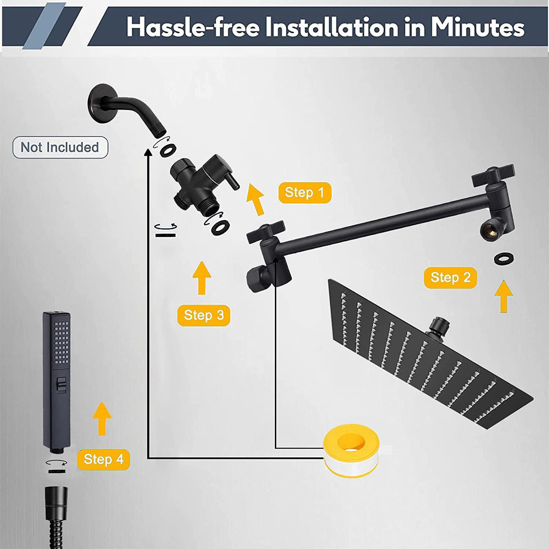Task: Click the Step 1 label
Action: (x=305, y=193)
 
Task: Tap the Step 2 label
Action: (x=451, y=278)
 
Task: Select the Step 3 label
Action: (x=204, y=315)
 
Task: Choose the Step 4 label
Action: (x=104, y=460)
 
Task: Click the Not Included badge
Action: (x=60, y=147)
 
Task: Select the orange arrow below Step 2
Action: (x=504, y=296)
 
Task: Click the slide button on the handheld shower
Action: (x=61, y=385)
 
